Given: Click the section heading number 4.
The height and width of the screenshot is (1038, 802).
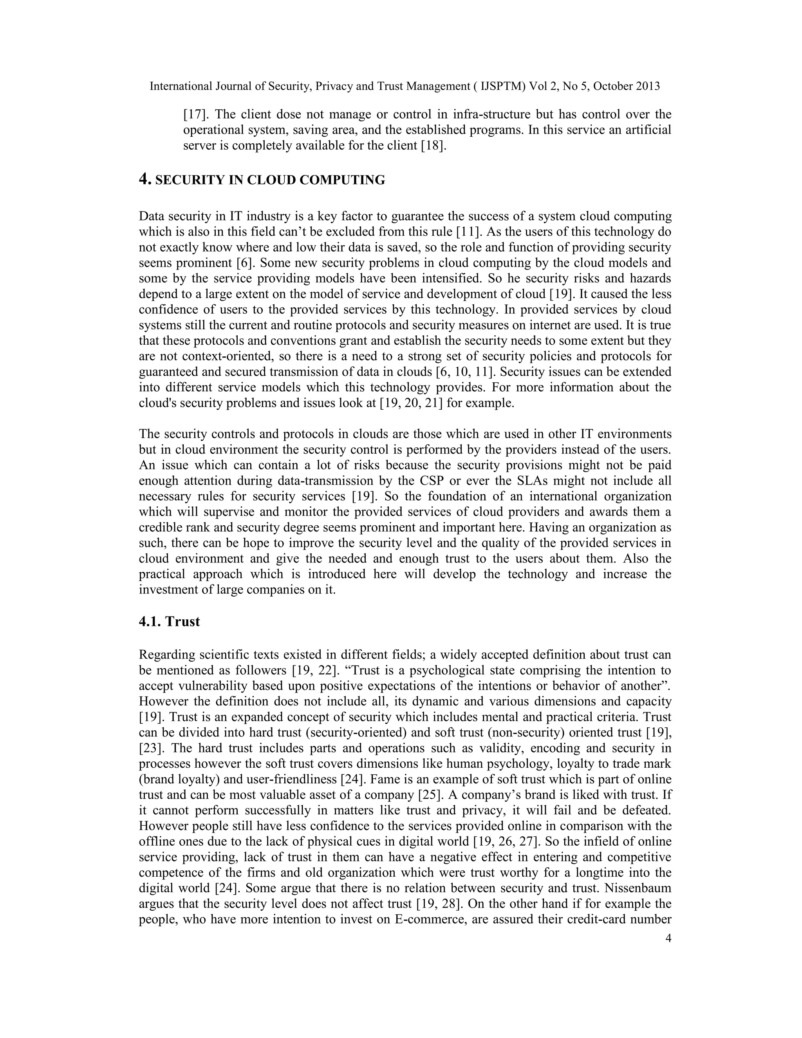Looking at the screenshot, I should pos(144,180).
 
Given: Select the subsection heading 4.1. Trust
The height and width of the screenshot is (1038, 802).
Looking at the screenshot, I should pos(169,622).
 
